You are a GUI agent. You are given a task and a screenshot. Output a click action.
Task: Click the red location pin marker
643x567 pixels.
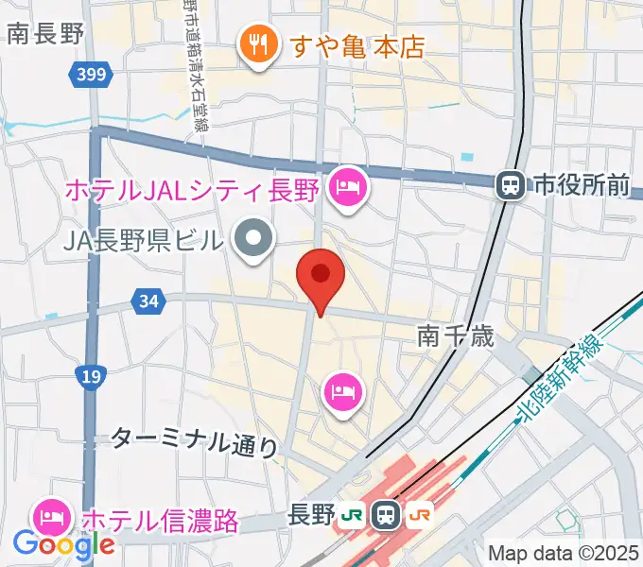click(321, 275)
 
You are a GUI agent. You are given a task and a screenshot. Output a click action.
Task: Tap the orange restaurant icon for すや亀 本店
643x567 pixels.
click(256, 44)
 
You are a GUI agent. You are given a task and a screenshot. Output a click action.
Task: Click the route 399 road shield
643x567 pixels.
click(93, 73)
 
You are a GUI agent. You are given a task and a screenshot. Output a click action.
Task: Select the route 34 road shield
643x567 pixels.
click(147, 301)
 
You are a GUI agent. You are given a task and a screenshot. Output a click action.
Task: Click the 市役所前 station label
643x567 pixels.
click(579, 185)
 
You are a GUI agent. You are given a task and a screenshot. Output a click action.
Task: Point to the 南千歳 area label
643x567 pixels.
click(456, 335)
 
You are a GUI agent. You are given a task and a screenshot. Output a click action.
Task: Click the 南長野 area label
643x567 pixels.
click(45, 34)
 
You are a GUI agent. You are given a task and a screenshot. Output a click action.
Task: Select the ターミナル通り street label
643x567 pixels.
click(195, 439)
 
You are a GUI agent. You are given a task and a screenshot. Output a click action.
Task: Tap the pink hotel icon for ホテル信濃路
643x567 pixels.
click(50, 517)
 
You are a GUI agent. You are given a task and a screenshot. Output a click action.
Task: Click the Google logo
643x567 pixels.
click(63, 545)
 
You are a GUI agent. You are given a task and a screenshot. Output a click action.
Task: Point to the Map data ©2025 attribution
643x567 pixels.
click(562, 553)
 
